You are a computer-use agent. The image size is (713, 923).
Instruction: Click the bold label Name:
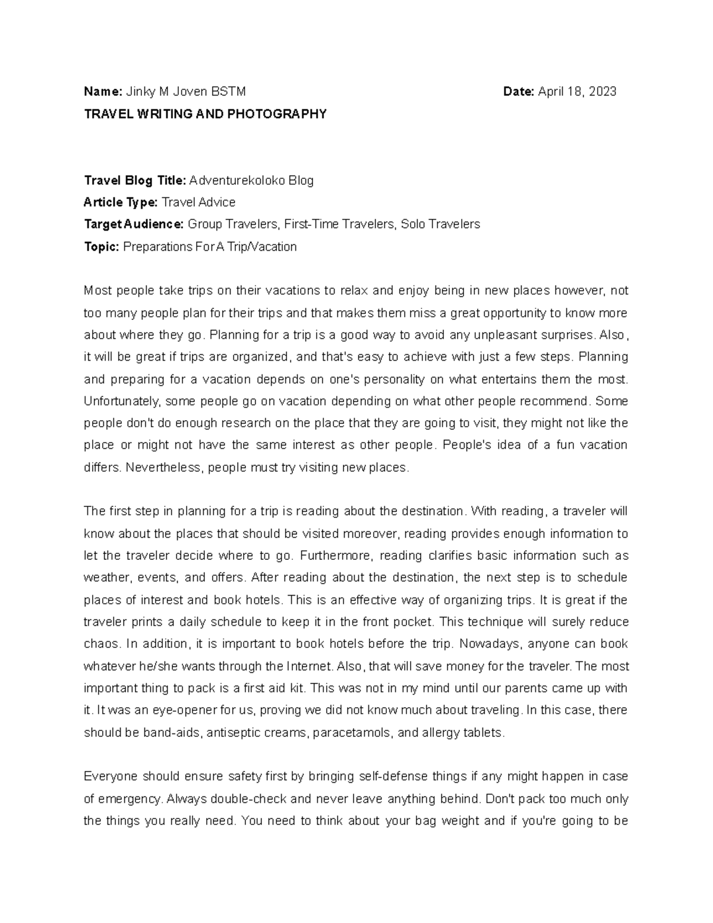(103, 92)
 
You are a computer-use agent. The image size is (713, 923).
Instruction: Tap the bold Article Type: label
(121, 202)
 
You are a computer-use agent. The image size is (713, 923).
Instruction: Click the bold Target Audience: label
(134, 224)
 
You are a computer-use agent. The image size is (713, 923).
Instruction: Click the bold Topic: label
(102, 247)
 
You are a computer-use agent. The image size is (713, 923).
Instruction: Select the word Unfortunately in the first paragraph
(122, 401)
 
